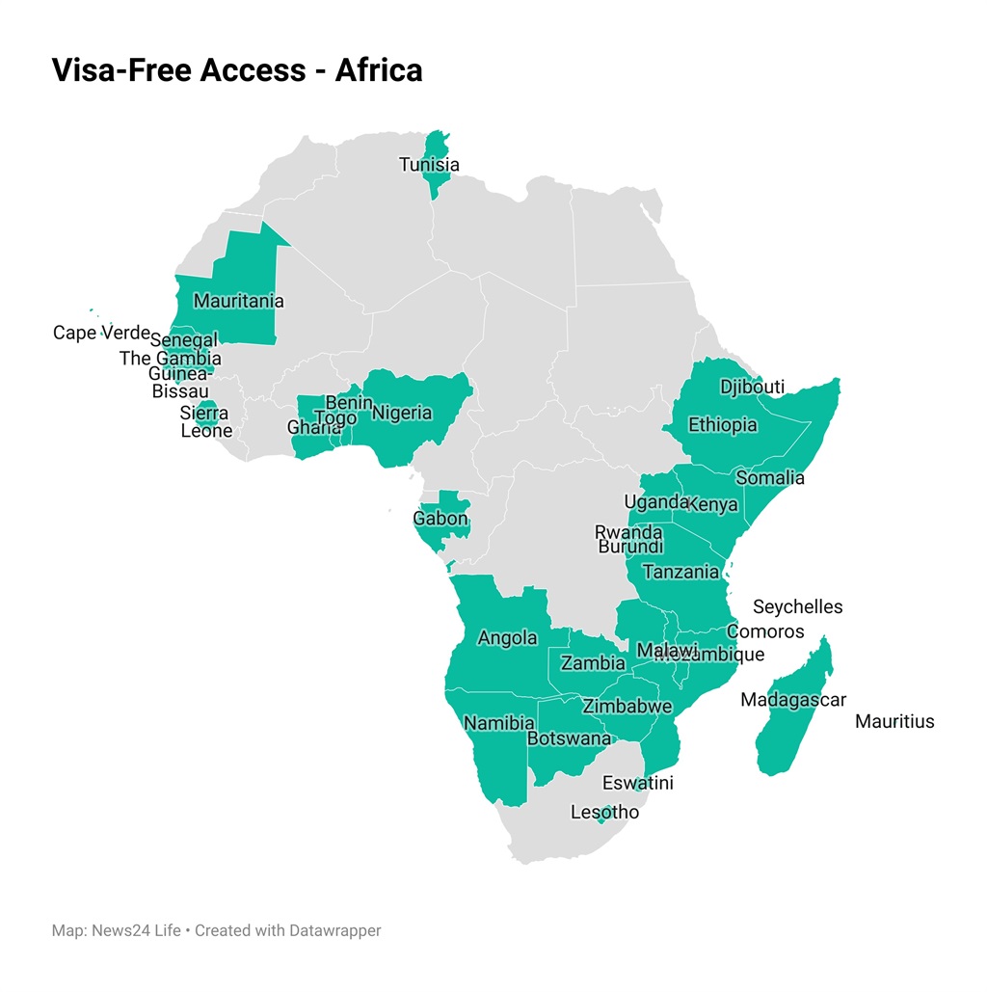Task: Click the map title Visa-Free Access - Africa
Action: click(x=236, y=70)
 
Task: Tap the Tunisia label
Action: click(x=429, y=165)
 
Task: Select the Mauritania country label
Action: click(x=238, y=301)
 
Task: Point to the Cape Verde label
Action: click(x=101, y=334)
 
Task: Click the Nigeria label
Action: click(x=402, y=414)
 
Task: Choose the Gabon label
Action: click(x=440, y=519)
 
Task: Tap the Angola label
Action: click(x=507, y=638)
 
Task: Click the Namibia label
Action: click(x=498, y=723)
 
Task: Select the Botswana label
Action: click(x=569, y=739)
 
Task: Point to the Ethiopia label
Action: click(x=722, y=425)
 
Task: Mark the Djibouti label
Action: click(x=752, y=388)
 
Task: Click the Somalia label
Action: click(x=769, y=478)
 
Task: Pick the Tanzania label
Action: click(x=680, y=572)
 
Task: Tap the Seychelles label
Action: click(x=797, y=607)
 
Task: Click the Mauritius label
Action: click(x=894, y=721)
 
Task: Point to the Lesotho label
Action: click(x=604, y=813)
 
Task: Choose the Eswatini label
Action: click(x=637, y=783)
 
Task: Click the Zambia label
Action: click(x=593, y=663)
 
